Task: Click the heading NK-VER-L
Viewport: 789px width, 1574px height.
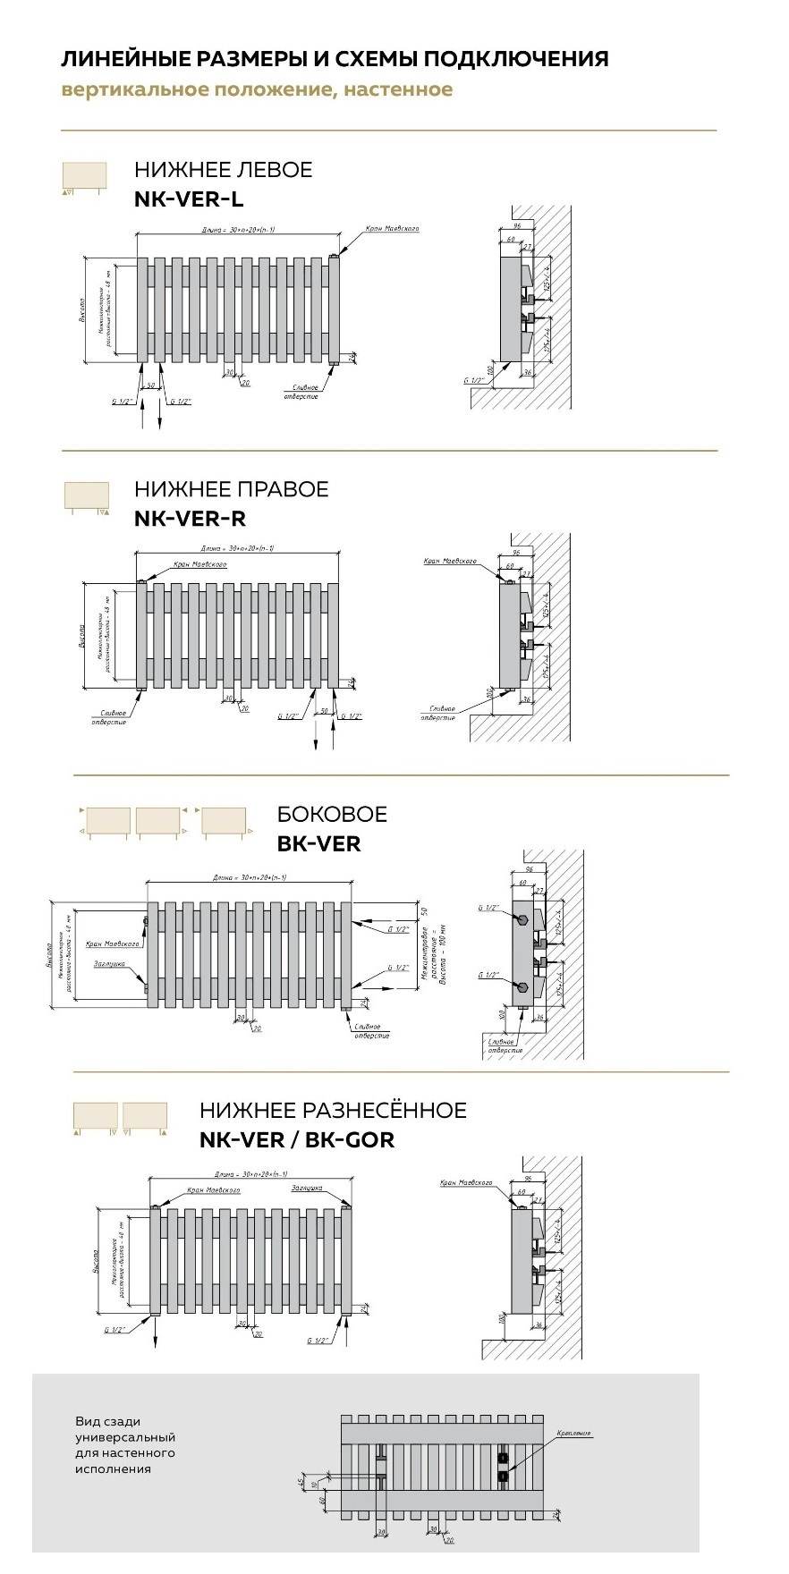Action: (189, 199)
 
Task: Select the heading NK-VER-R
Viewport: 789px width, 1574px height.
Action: (190, 518)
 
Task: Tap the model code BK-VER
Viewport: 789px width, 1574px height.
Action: (318, 843)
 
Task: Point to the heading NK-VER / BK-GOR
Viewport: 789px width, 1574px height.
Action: (297, 1139)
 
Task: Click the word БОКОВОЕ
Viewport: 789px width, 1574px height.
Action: (332, 814)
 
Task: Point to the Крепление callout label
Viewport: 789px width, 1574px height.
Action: (573, 1433)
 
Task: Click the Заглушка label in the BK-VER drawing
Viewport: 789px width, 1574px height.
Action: (109, 964)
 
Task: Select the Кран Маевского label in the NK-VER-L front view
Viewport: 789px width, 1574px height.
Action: (392, 229)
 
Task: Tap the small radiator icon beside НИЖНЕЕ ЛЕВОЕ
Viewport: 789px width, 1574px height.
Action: (84, 176)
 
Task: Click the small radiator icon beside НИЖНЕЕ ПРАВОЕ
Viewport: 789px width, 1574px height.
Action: (87, 496)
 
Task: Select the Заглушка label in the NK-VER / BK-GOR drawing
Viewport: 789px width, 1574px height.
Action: (306, 1189)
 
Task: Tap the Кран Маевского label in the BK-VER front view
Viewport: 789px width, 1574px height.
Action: (113, 944)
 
